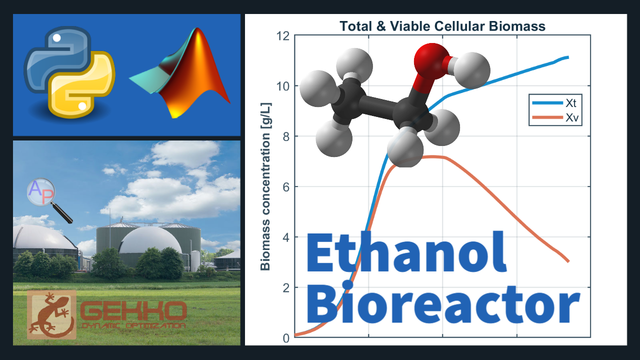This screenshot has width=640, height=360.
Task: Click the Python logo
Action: (x=69, y=72)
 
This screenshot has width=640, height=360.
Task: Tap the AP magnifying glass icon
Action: (x=48, y=199)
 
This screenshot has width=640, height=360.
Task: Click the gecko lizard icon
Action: (x=51, y=314)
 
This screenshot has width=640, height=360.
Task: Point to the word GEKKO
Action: (x=133, y=311)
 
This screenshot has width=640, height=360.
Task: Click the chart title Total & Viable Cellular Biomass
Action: (x=442, y=26)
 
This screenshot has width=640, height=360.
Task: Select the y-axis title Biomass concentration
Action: (x=265, y=186)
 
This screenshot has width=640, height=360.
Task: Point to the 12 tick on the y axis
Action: (x=283, y=36)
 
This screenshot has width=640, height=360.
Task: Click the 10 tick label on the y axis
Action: (x=283, y=86)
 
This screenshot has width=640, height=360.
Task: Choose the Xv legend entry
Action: (x=555, y=117)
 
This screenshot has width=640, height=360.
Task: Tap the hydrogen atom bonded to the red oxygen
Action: (x=471, y=70)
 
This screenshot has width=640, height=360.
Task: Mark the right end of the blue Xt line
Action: (x=568, y=57)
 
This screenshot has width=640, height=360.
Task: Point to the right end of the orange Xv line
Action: (x=568, y=261)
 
